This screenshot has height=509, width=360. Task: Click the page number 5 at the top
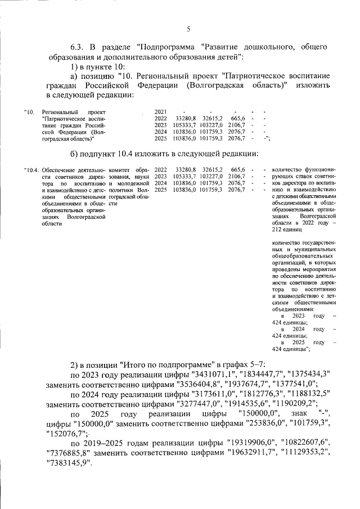coord(188,29)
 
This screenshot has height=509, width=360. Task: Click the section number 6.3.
coord(79,46)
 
